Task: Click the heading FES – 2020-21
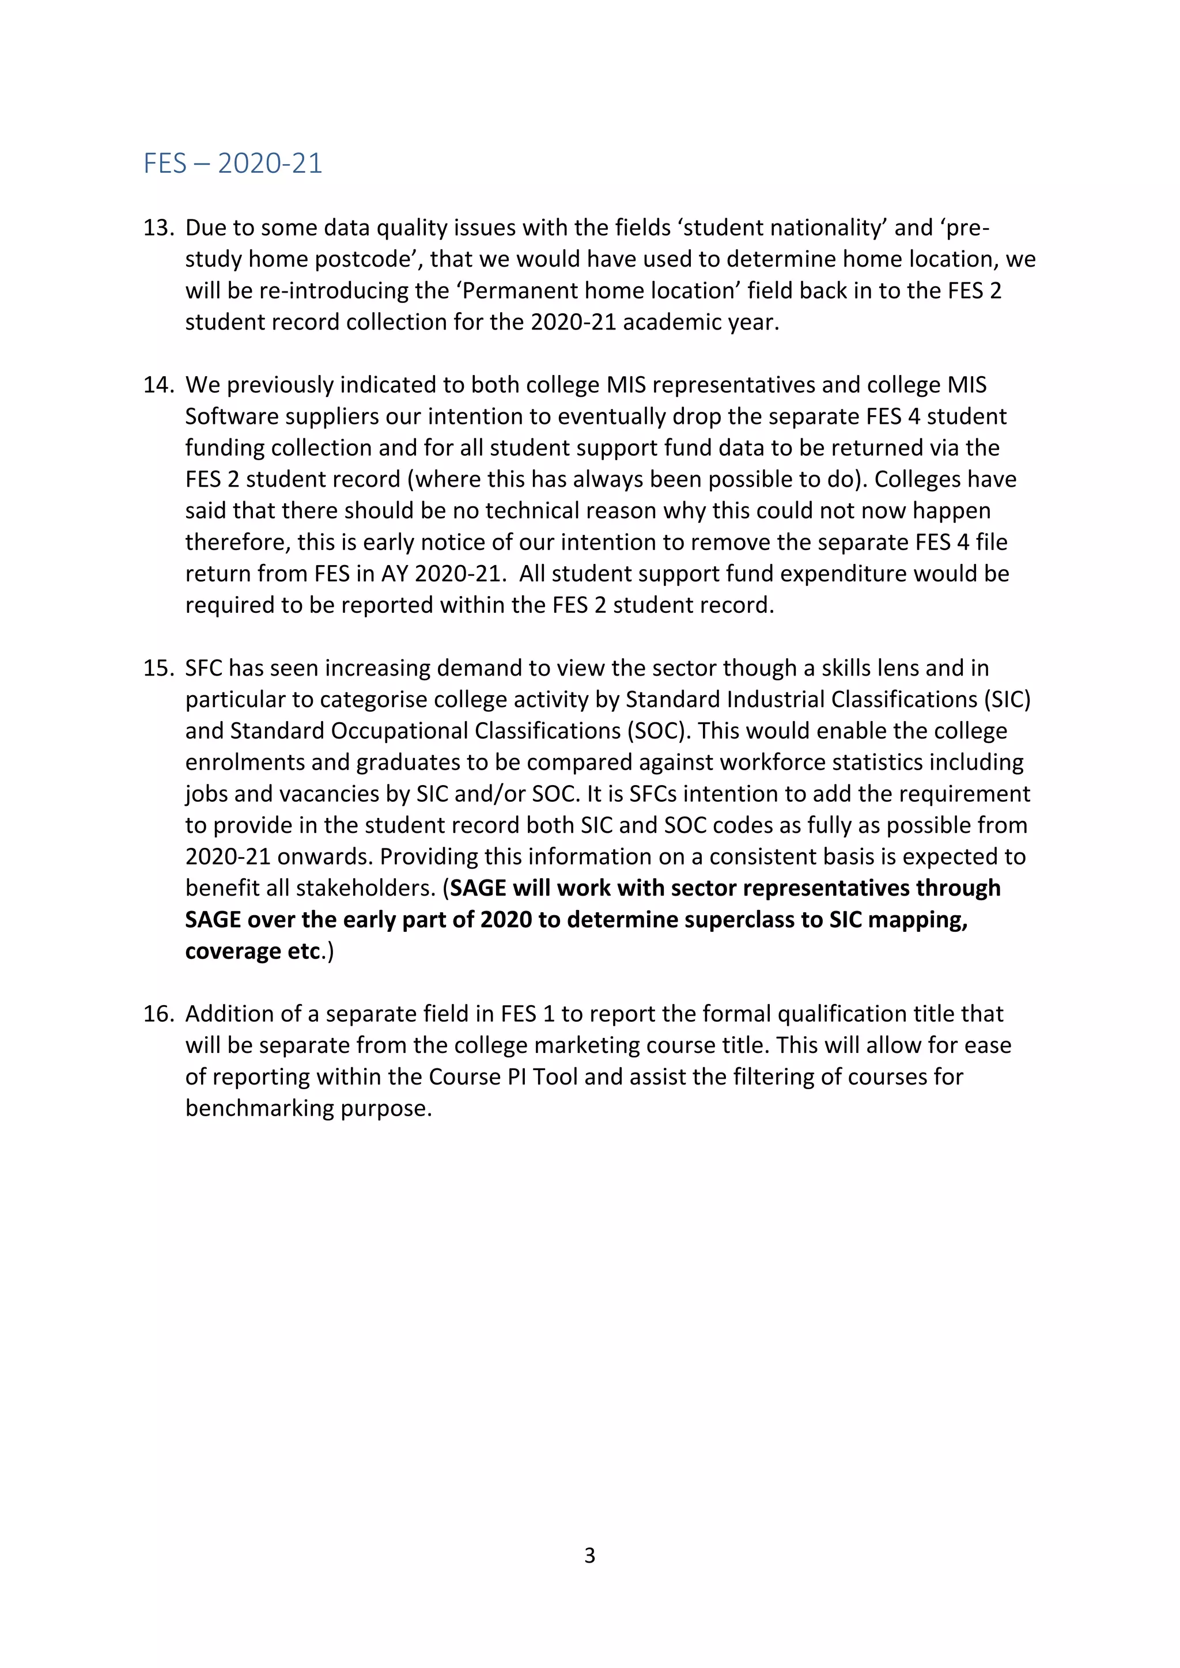pos(233,164)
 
